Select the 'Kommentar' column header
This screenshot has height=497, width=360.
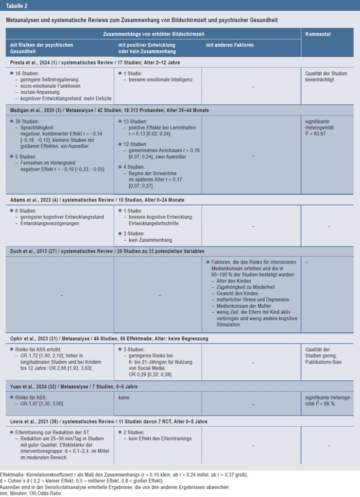click(318, 34)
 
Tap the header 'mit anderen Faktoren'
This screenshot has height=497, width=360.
click(229, 45)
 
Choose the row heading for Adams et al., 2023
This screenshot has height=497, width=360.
click(97, 200)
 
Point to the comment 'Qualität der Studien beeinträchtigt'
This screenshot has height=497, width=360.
click(326, 77)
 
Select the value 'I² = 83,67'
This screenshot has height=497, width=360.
click(315, 133)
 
